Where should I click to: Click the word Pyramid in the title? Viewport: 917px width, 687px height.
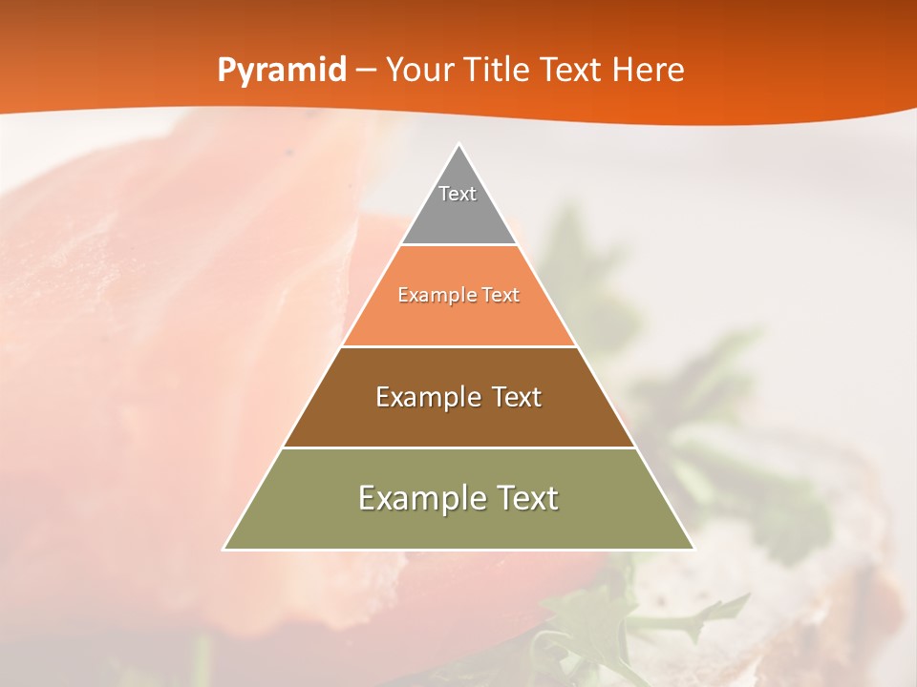tap(282, 70)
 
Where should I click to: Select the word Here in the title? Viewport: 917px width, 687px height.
tap(648, 70)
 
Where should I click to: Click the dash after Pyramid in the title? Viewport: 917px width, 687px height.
tap(366, 70)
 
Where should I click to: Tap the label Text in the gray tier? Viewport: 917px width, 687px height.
tap(458, 194)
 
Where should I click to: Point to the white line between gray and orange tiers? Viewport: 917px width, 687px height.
tap(458, 244)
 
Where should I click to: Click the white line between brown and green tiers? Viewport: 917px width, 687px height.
tap(458, 448)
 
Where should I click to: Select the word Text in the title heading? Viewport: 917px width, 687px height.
tap(570, 70)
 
